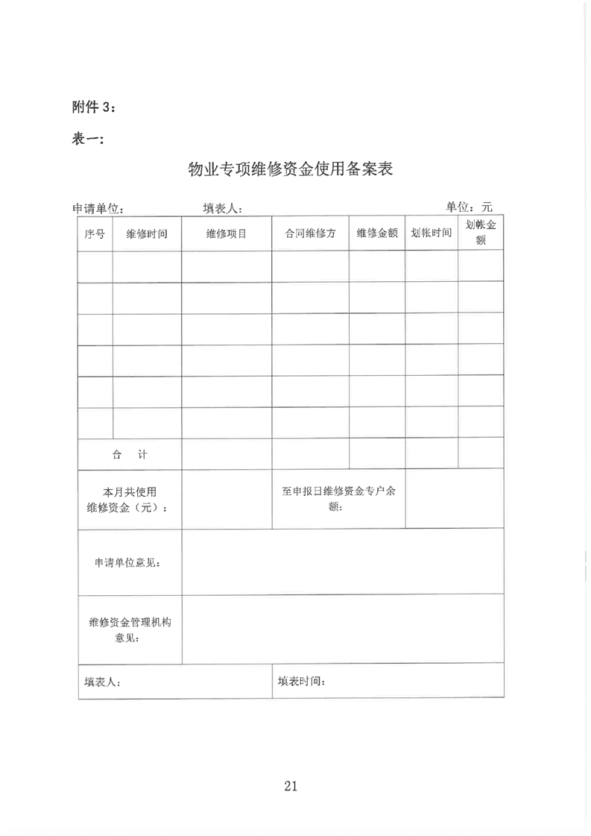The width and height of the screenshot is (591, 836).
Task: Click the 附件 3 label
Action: tap(93, 107)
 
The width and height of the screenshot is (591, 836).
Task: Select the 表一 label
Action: tap(89, 139)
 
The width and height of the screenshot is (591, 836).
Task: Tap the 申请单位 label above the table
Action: tap(97, 209)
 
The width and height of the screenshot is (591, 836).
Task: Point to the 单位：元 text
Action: tap(469, 207)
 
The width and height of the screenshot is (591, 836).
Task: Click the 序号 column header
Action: tap(95, 233)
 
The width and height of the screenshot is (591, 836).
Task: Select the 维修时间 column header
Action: tap(147, 233)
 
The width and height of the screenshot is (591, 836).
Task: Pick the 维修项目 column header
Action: tap(227, 233)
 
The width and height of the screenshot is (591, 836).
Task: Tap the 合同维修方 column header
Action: tap(310, 233)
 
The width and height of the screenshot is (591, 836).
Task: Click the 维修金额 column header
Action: tap(377, 233)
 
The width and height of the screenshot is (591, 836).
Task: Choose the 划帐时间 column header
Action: tap(432, 233)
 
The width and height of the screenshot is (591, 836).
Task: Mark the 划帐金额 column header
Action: tap(481, 233)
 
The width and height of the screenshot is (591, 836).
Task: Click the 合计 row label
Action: tap(130, 453)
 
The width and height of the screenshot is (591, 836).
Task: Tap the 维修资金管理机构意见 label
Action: tap(130, 629)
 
